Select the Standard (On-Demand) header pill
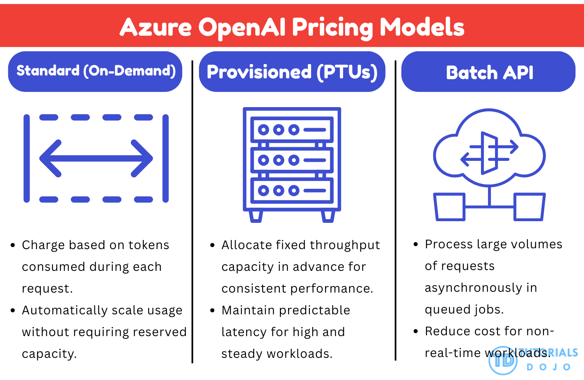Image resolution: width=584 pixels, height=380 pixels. pos(95,71)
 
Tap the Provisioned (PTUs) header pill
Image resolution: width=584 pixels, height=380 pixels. pos(292,72)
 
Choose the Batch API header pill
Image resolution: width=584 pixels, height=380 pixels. pos(488,72)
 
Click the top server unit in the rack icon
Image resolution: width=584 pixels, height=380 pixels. pos(292,130)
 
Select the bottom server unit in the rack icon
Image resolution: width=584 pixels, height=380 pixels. pos(292,190)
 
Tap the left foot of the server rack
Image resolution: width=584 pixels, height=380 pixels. pos(256,216)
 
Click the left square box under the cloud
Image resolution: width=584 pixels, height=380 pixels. pos(450,207)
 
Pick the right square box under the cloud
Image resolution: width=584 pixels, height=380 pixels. pos(530,207)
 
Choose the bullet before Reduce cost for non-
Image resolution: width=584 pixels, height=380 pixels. pos(416,331)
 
